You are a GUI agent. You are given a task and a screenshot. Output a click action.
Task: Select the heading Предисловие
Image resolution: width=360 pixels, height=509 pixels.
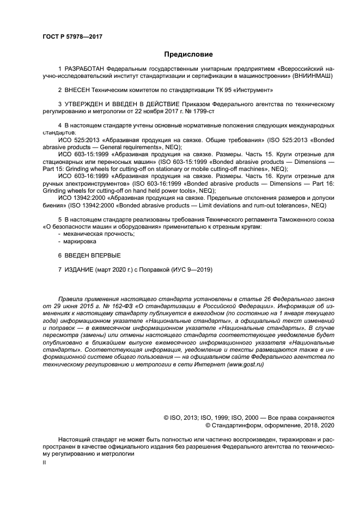[x=188, y=54]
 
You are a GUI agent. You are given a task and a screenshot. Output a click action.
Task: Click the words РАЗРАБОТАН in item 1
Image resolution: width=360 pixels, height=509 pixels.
[x=84, y=69]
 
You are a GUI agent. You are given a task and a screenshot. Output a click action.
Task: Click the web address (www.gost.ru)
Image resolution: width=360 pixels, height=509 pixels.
[x=242, y=364]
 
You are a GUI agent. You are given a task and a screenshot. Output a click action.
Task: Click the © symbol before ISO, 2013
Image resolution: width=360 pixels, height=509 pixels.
[x=167, y=417]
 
